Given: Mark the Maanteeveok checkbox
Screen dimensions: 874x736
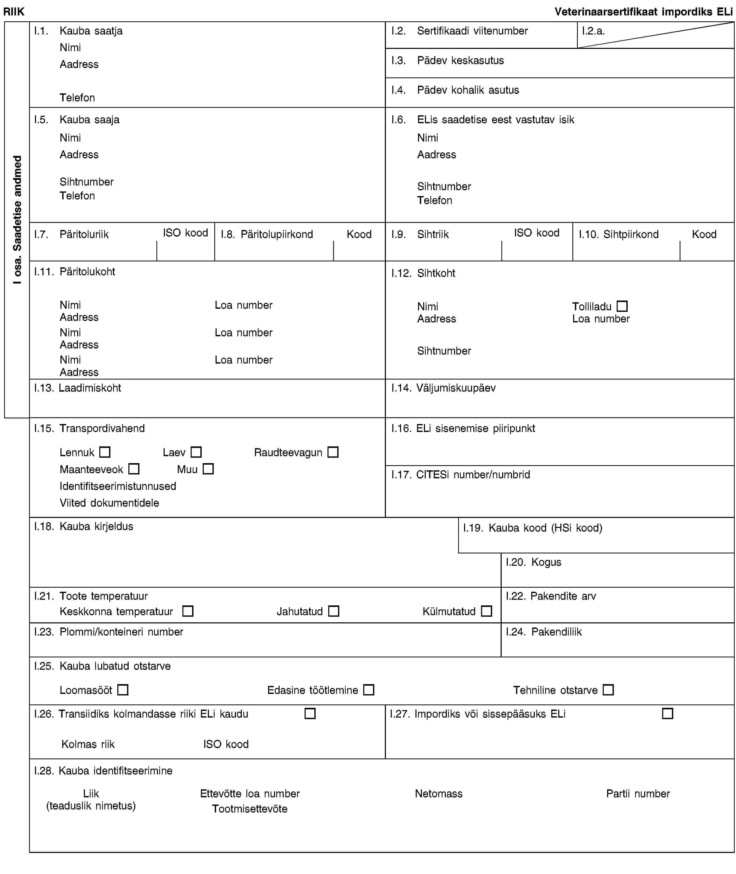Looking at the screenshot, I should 134,469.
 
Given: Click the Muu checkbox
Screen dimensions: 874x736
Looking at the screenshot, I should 208,469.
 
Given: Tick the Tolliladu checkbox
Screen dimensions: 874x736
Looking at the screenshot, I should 622,306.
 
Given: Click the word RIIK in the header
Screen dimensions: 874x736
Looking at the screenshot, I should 14,12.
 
